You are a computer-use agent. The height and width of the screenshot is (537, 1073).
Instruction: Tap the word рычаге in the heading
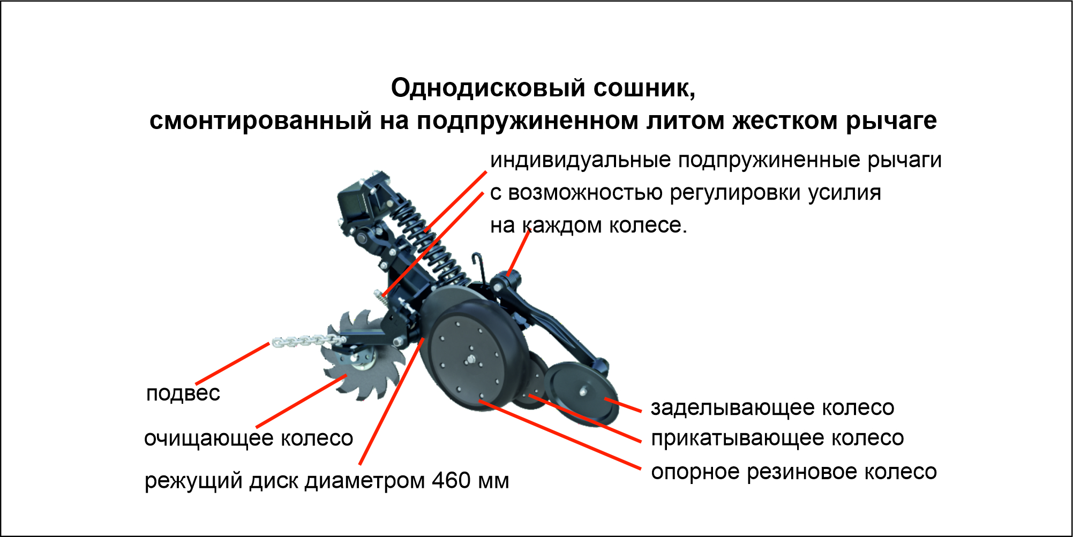[x=891, y=121]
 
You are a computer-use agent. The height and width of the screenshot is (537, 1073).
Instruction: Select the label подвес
[x=183, y=394]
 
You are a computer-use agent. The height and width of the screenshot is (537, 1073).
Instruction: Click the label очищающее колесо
[x=249, y=438]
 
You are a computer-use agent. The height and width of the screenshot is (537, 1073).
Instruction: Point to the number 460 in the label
[x=451, y=480]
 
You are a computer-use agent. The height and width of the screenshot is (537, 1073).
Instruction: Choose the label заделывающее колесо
[x=772, y=408]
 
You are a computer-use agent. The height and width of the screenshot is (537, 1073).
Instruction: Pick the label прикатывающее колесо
[x=777, y=438]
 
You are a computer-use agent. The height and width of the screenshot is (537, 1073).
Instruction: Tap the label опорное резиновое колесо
[x=794, y=472]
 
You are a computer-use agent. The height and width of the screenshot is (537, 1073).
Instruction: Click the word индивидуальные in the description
[x=581, y=161]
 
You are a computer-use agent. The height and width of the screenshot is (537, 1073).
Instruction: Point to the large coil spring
[x=429, y=240]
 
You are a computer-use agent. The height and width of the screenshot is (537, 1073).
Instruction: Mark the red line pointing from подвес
[x=232, y=364]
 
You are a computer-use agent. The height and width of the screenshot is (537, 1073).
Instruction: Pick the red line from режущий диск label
[x=392, y=402]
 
